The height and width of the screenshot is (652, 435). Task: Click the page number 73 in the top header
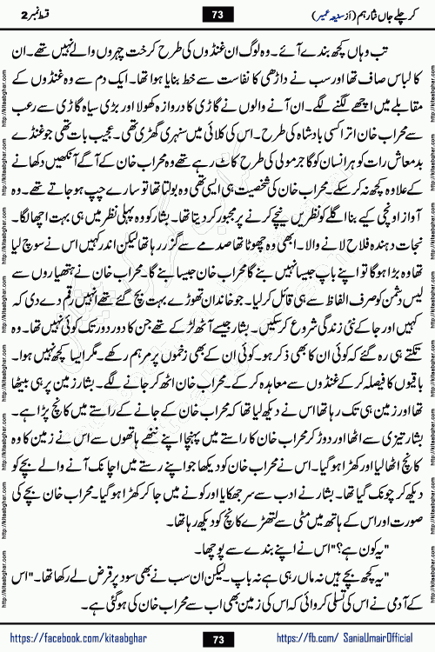[217, 15]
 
